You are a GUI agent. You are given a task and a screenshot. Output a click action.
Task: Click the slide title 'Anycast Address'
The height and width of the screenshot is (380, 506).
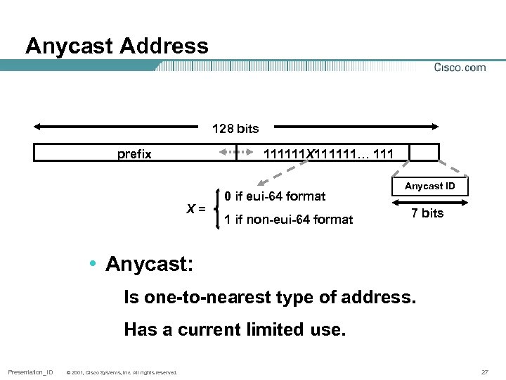pos(117,46)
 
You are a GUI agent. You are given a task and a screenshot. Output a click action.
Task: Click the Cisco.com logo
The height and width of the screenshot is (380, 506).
pos(460,68)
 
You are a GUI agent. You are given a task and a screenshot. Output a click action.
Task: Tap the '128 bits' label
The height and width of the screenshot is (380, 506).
pos(235,129)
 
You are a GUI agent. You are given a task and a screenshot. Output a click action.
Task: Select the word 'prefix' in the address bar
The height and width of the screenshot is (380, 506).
pos(134,153)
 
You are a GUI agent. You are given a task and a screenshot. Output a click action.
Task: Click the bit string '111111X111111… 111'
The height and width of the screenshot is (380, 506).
pos(327,153)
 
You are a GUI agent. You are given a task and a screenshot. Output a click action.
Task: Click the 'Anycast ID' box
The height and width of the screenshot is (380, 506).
pos(429,186)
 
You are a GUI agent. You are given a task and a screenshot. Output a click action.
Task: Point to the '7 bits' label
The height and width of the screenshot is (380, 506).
pos(427,213)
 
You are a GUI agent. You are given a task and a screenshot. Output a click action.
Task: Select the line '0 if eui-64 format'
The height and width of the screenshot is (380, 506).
pos(275,196)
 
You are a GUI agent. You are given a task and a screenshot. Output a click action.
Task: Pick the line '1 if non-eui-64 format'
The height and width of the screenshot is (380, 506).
pos(288,220)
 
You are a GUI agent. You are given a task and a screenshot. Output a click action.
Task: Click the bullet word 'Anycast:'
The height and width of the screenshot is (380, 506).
pos(149,264)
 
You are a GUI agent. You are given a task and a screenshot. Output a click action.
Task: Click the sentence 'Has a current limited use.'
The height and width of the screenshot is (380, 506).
pos(235,329)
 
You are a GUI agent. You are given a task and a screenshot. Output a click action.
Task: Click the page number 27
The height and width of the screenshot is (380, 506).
pos(484,372)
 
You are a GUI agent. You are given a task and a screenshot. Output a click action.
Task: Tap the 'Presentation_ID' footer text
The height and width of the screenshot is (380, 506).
pos(30,372)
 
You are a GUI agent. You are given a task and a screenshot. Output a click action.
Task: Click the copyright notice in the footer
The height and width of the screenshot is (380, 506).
pos(121,372)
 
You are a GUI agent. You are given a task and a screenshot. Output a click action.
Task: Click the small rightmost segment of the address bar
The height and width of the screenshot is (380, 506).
pos(424,153)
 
